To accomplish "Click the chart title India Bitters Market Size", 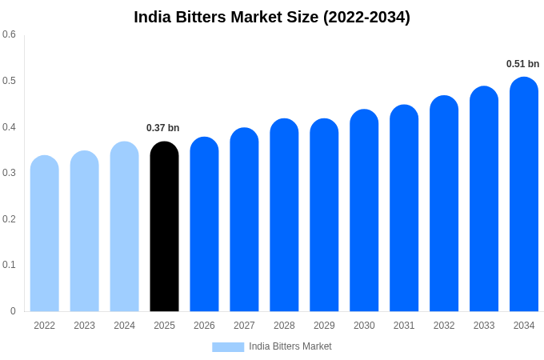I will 272,17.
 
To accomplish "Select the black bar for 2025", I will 164,227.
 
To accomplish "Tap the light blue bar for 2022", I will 45,234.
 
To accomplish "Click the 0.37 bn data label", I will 163,128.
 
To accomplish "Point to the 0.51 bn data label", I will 522,64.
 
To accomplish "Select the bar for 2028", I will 284,215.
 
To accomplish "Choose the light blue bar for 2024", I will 124,227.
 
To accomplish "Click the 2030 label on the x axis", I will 364,326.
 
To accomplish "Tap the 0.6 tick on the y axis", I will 9,34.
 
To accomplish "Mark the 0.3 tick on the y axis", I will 9,173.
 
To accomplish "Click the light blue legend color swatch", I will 228,347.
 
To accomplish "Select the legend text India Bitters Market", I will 290,346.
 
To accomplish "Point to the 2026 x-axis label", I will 204,326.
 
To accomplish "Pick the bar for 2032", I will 444,204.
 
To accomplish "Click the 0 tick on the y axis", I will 13,311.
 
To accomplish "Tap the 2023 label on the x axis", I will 84,326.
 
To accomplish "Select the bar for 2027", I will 244,220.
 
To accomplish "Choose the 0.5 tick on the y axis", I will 9,81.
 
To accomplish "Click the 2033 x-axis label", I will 484,326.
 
